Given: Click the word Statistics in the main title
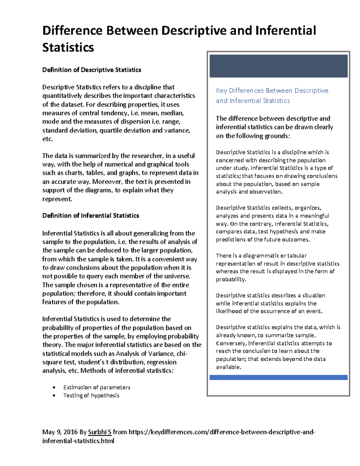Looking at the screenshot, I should point(68,47).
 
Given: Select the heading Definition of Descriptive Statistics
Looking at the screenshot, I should point(91,70).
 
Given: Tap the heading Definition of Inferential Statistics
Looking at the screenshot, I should point(91,216).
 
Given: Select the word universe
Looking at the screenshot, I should point(177,276).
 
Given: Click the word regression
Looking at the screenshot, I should point(161,362).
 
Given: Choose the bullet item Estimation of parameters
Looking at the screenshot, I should point(97,387).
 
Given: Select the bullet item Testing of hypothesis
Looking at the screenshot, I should point(91,395).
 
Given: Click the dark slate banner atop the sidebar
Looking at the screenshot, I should point(278,66).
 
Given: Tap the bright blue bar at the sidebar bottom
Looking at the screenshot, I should point(278,377).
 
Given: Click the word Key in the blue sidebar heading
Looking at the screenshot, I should point(221,91).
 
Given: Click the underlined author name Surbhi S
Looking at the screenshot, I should point(100,432).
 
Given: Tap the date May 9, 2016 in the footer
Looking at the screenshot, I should point(60,432).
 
